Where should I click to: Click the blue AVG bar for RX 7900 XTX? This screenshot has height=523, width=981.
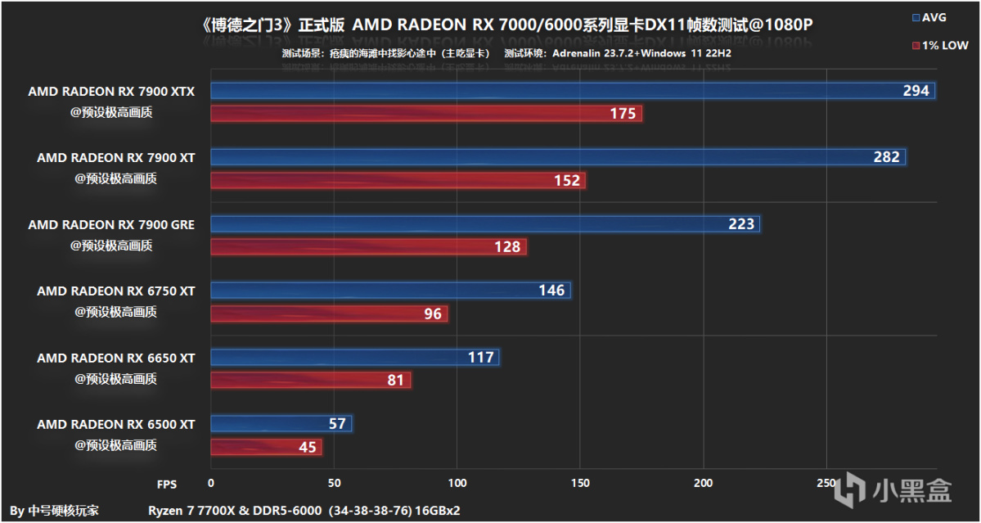(x=573, y=91)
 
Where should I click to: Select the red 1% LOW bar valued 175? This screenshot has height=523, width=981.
(x=426, y=114)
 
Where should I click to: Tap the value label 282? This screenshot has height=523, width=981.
(x=886, y=157)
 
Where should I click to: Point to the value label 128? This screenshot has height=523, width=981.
(x=508, y=247)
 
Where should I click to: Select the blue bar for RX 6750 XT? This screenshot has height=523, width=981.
(x=390, y=291)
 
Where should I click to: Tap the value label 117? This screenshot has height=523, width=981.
(x=481, y=358)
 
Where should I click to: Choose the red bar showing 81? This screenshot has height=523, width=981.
(x=311, y=380)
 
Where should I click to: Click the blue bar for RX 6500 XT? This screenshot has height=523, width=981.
(x=281, y=424)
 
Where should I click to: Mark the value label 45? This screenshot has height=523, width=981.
(x=307, y=447)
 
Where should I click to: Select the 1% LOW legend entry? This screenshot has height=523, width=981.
(x=938, y=45)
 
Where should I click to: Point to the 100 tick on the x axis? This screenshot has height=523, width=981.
(x=457, y=483)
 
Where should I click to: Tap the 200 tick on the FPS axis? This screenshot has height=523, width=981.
(x=703, y=483)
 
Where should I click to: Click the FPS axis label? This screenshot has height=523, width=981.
(x=167, y=484)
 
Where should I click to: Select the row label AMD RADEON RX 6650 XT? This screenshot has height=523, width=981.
(x=115, y=358)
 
